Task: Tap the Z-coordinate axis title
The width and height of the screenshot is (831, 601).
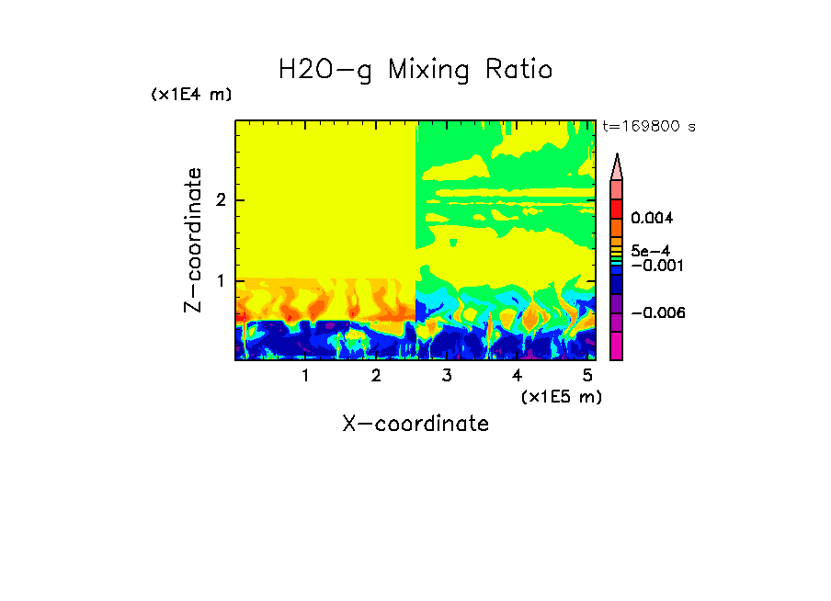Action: pyautogui.click(x=193, y=240)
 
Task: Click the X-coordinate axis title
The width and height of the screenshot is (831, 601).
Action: pyautogui.click(x=415, y=424)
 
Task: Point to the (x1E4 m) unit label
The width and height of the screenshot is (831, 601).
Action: pyautogui.click(x=191, y=95)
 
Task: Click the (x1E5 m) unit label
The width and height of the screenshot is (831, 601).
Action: pyautogui.click(x=561, y=396)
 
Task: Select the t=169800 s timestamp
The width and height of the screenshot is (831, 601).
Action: pyautogui.click(x=648, y=127)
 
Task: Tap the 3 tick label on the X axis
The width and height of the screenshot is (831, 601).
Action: pyautogui.click(x=447, y=376)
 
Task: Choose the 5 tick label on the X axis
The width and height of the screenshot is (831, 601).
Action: pyautogui.click(x=587, y=376)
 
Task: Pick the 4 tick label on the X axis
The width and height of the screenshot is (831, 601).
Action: pyautogui.click(x=517, y=376)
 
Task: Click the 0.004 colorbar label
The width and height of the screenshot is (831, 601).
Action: pyautogui.click(x=653, y=219)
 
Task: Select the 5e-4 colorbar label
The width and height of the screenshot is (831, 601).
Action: pyautogui.click(x=650, y=251)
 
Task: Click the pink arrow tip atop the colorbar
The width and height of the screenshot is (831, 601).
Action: pyautogui.click(x=617, y=166)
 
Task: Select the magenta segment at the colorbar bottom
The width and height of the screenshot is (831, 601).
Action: pyautogui.click(x=616, y=346)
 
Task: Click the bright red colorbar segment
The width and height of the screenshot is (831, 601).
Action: pyautogui.click(x=616, y=208)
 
